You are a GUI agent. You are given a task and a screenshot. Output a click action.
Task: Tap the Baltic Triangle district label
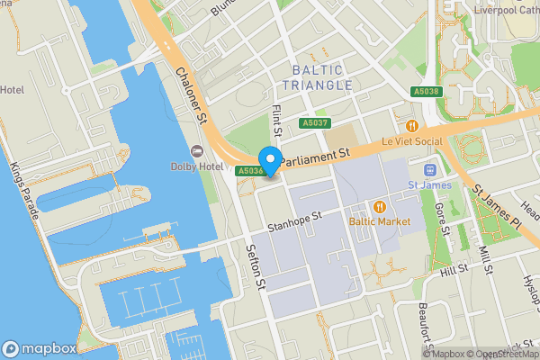[x=317, y=77]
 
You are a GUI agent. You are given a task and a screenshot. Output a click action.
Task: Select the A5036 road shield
[x=249, y=170]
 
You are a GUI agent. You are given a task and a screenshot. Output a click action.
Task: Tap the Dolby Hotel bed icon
[x=197, y=149]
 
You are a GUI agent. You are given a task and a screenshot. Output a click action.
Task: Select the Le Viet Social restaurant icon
[x=412, y=126]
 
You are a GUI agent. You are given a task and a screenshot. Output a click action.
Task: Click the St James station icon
[x=429, y=170]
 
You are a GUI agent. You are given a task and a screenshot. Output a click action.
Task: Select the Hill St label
[x=454, y=268]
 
